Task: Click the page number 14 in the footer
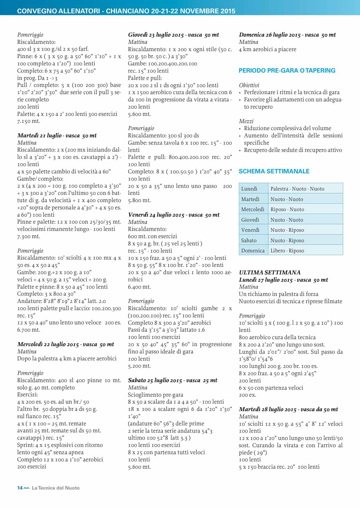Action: [x=20, y=488]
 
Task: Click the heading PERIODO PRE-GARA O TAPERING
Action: [x=287, y=71]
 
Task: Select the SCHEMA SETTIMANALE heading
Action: [x=274, y=171]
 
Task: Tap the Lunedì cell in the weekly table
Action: [x=249, y=189]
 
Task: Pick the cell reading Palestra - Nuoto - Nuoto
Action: [x=297, y=189]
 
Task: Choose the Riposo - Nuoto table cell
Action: [x=287, y=209]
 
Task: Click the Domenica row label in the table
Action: [x=253, y=251]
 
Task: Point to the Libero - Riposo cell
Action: [x=287, y=251]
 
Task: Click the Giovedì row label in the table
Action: [x=250, y=220]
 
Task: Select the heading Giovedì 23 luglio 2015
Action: [x=173, y=35]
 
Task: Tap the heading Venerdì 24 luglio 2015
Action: [x=174, y=215]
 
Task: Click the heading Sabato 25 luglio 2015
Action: [x=172, y=380]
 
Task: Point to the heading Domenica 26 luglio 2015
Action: [x=287, y=35]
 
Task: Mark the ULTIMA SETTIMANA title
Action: [x=270, y=272]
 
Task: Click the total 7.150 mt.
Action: [x=28, y=121]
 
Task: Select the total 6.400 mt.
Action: [x=139, y=287]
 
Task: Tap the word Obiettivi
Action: [x=249, y=85]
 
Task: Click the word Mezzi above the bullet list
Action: [x=246, y=121]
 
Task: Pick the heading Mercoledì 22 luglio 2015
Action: [x=66, y=344]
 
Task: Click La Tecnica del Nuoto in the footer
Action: [x=56, y=488]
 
